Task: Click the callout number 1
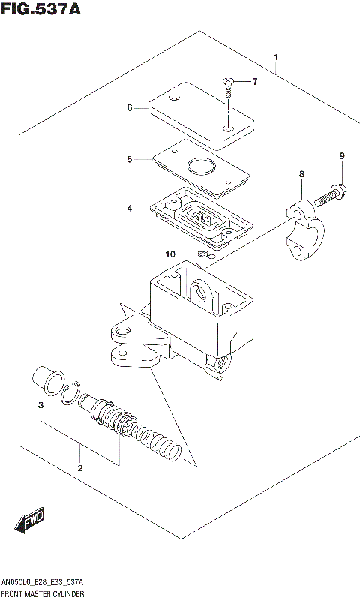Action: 276,58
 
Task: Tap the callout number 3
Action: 40,406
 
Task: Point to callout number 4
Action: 129,208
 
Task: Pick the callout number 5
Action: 129,159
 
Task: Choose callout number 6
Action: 129,108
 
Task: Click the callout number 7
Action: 254,82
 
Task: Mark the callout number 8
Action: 301,174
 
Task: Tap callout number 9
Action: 341,156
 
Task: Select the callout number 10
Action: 170,254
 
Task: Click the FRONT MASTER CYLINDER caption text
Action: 42,593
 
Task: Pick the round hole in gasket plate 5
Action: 200,167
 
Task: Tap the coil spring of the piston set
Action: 154,437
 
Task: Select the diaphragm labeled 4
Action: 199,218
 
